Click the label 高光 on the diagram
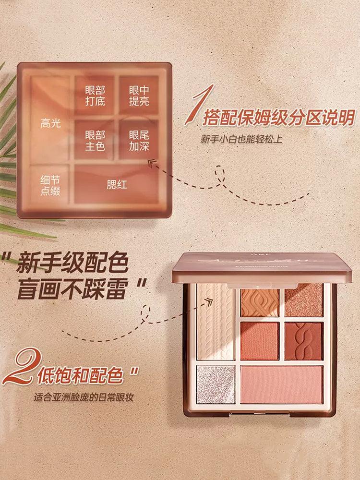coord(51,123)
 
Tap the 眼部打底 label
coord(95,96)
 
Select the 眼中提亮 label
coord(139,96)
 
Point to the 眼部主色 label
coord(95,141)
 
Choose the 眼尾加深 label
coord(139,141)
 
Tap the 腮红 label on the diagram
coord(117,184)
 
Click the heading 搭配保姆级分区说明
coord(279,117)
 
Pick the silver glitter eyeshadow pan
coord(216,384)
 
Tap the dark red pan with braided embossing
coord(303,341)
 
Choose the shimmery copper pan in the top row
coord(303,300)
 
